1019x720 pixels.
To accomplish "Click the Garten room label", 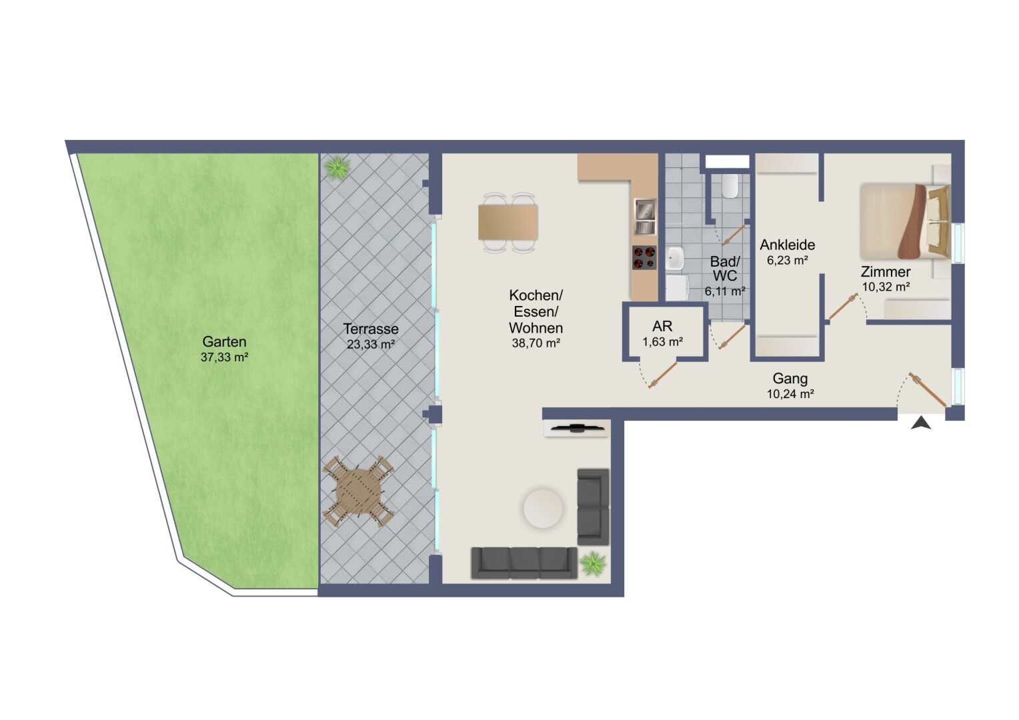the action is point(224,341).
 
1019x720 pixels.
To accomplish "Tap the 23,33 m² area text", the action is point(371,344).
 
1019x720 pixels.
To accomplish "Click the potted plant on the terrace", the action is point(337,168).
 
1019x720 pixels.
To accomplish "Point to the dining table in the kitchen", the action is point(508,223).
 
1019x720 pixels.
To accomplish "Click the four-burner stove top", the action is point(645,257).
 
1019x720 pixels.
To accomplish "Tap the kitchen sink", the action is point(645,216).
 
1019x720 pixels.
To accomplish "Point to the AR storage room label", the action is point(662,326).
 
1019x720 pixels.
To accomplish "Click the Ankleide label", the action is point(788,245).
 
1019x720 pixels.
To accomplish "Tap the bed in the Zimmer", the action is point(905,221).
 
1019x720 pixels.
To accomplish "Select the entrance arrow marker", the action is point(921,423).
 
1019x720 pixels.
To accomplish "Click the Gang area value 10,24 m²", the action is point(791,394).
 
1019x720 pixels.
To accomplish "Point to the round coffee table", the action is point(543,508).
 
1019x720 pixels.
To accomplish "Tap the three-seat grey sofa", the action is point(524,563).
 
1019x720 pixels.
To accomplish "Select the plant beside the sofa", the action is point(593,564).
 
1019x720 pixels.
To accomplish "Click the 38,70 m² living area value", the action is point(536,343).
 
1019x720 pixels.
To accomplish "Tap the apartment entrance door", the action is point(928,390).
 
